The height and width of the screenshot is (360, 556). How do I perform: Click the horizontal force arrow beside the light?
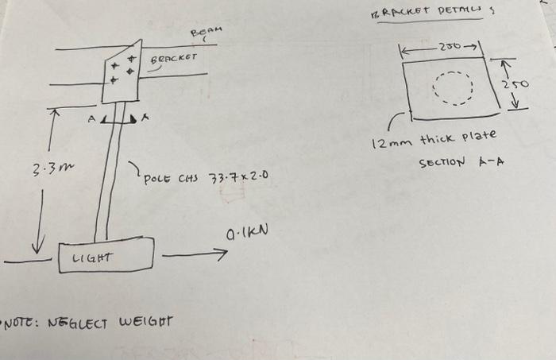pyautogui.click(x=195, y=255)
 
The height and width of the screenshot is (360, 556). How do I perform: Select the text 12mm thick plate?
pyautogui.click(x=434, y=140)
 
